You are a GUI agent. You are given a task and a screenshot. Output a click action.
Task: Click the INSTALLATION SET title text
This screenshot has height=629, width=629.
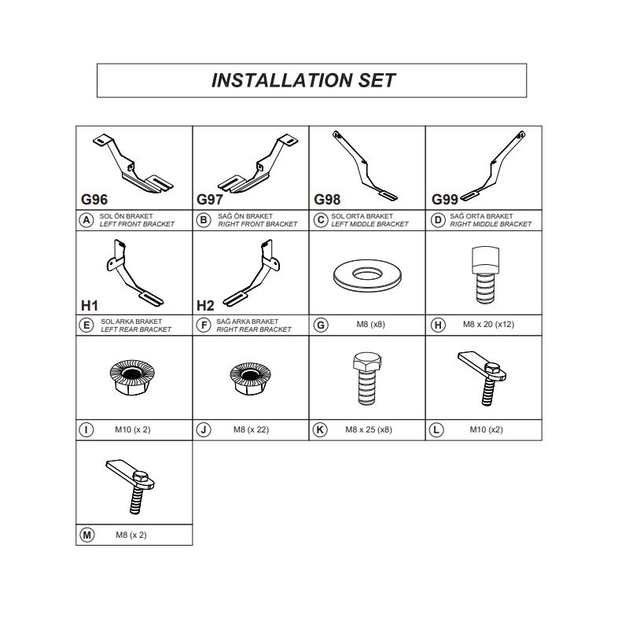[x=303, y=80]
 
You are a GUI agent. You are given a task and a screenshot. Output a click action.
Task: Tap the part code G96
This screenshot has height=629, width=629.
[x=94, y=200]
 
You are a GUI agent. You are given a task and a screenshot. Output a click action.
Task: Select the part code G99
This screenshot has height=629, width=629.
[x=444, y=200]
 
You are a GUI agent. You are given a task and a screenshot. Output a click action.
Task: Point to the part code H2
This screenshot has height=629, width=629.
[x=205, y=306]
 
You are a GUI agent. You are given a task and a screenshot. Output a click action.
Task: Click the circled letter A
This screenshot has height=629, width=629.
[x=86, y=220]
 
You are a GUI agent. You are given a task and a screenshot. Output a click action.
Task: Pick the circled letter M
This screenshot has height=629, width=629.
[x=87, y=535]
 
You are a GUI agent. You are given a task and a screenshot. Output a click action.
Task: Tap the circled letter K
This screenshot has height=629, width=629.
[x=320, y=429]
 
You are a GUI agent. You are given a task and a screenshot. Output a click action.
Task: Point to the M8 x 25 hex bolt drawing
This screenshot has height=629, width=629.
[x=366, y=378]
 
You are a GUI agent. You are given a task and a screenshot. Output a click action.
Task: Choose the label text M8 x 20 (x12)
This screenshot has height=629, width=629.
[x=488, y=325]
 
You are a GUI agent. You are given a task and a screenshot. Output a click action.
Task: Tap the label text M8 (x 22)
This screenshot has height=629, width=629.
[x=251, y=429]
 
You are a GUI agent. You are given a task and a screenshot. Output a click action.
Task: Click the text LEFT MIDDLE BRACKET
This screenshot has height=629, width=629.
[x=370, y=224]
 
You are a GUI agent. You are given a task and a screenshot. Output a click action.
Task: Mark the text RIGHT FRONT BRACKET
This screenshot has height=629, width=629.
[x=258, y=224]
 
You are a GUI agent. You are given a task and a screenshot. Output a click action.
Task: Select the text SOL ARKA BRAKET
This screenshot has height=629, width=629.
[x=131, y=322]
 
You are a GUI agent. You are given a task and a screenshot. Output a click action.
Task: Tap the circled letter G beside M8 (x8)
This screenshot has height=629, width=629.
[x=321, y=325]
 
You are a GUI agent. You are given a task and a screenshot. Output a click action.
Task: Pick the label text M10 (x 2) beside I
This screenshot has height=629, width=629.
[x=132, y=429]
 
